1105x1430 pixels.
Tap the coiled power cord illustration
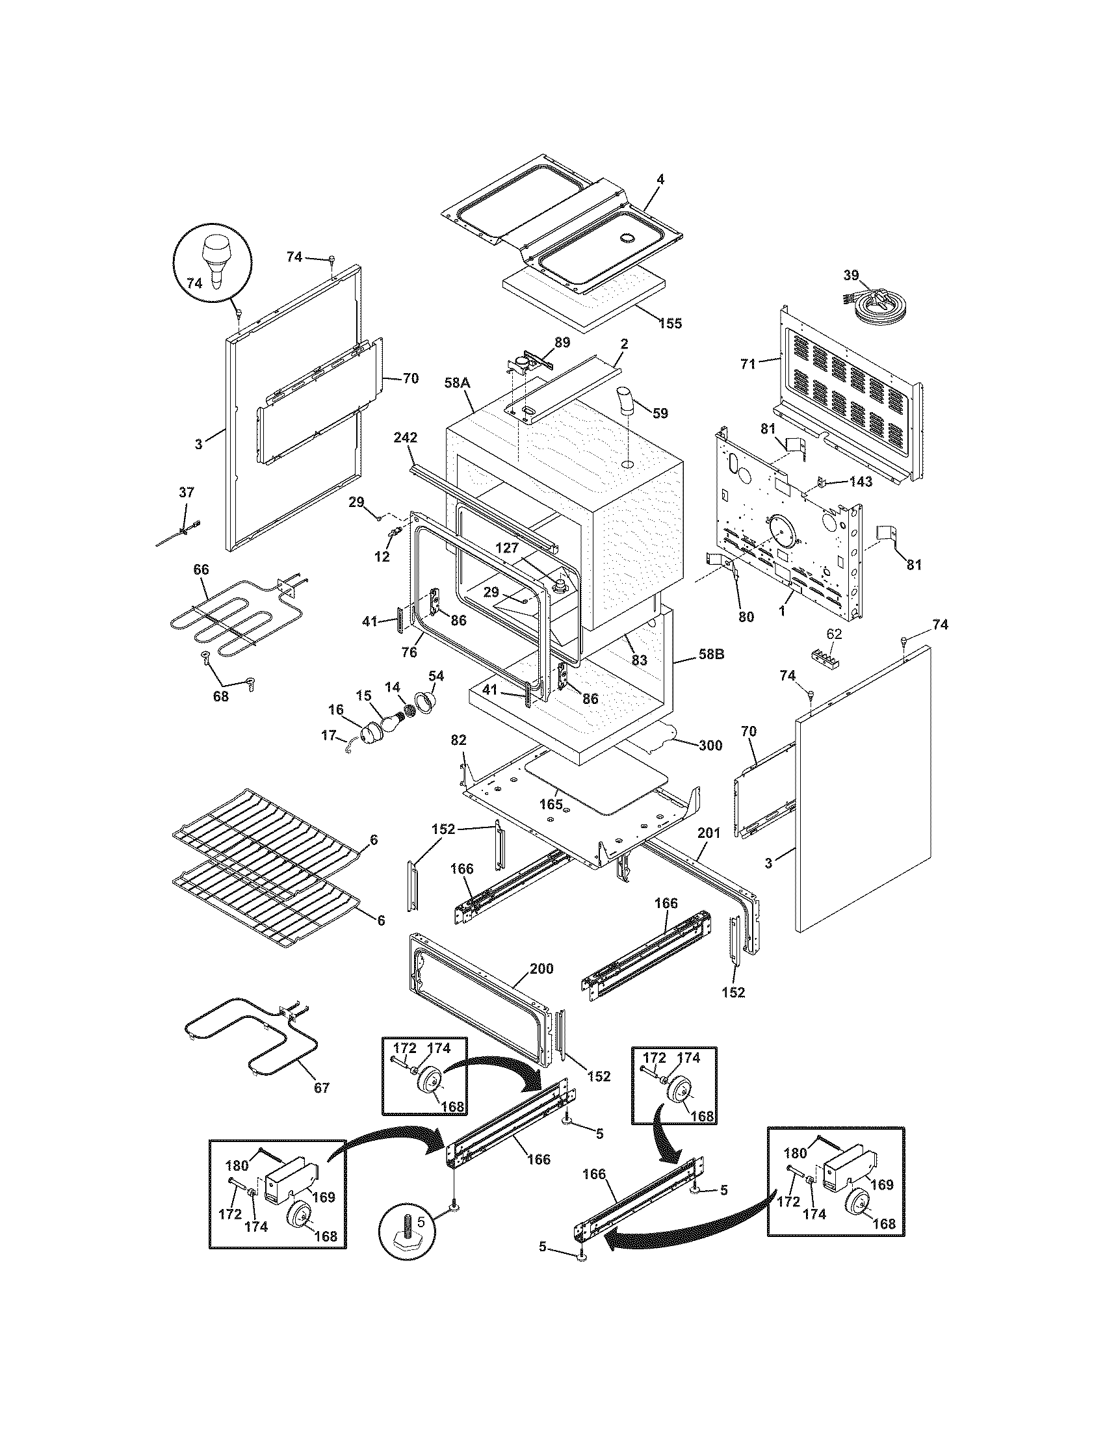click(x=878, y=304)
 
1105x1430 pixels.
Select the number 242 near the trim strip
click(x=406, y=437)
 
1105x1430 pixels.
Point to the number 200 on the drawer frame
click(x=541, y=968)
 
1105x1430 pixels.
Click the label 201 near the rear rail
click(x=709, y=833)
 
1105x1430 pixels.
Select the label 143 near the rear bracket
click(x=861, y=481)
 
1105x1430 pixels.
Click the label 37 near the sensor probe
click(x=186, y=492)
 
